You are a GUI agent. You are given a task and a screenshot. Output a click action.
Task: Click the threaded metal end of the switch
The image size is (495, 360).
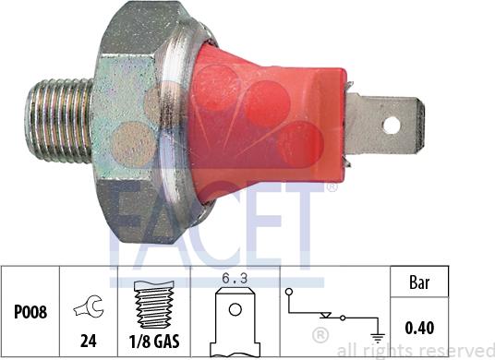click(61, 120)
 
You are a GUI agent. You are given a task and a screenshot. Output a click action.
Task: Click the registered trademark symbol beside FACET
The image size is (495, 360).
click(331, 187)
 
